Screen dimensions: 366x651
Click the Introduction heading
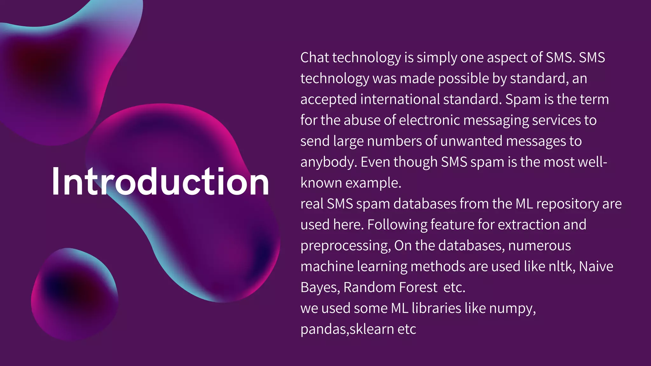[160, 182]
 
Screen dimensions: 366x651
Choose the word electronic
[429, 120]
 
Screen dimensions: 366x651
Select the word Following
[397, 225]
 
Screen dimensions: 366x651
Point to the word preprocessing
[345, 246]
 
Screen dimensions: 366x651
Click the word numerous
[539, 246]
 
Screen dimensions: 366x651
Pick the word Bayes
[320, 288]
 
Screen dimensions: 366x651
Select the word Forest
[418, 287]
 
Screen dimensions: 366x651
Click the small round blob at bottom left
[75, 294]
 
